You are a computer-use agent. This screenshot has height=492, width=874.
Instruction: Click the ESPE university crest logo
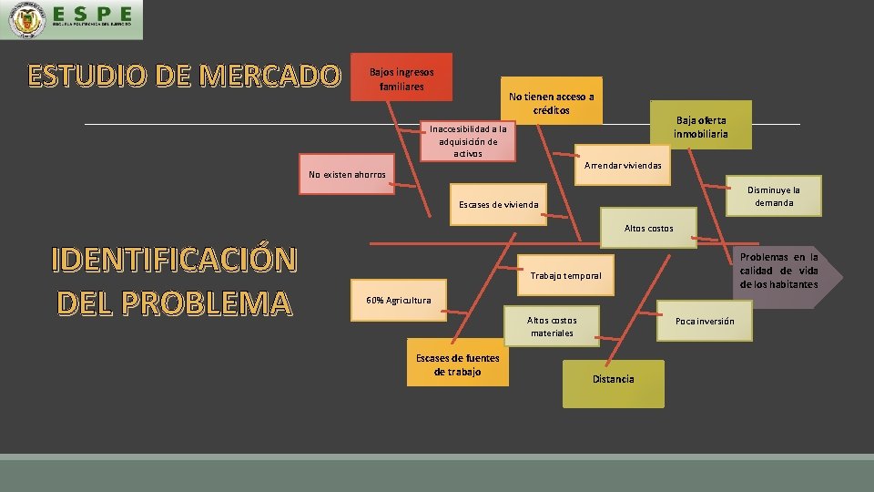pos(25,20)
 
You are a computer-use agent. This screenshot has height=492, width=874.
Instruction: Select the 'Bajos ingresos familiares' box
pos(401,77)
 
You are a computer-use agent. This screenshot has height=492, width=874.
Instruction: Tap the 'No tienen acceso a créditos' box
pos(552,101)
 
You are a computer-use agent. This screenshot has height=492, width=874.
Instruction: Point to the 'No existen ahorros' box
pos(347,175)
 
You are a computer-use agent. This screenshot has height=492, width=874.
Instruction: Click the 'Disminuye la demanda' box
pos(773,196)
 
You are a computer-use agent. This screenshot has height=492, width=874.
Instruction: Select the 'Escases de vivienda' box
pos(499,205)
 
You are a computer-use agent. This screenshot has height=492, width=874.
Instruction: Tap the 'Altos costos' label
pos(648,228)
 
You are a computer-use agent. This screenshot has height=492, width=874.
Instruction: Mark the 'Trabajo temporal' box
pos(565,275)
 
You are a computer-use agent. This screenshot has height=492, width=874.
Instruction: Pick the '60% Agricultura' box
pos(399,301)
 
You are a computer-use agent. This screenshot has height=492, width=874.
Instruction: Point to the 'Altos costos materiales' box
pos(552,326)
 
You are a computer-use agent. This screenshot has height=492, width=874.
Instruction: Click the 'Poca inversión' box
pos(705,322)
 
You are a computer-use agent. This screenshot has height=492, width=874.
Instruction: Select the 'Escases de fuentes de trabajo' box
pos(457,364)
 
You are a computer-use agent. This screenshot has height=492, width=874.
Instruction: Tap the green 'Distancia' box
pos(614,380)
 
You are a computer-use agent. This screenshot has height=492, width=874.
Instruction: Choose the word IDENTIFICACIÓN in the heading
pos(174,260)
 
